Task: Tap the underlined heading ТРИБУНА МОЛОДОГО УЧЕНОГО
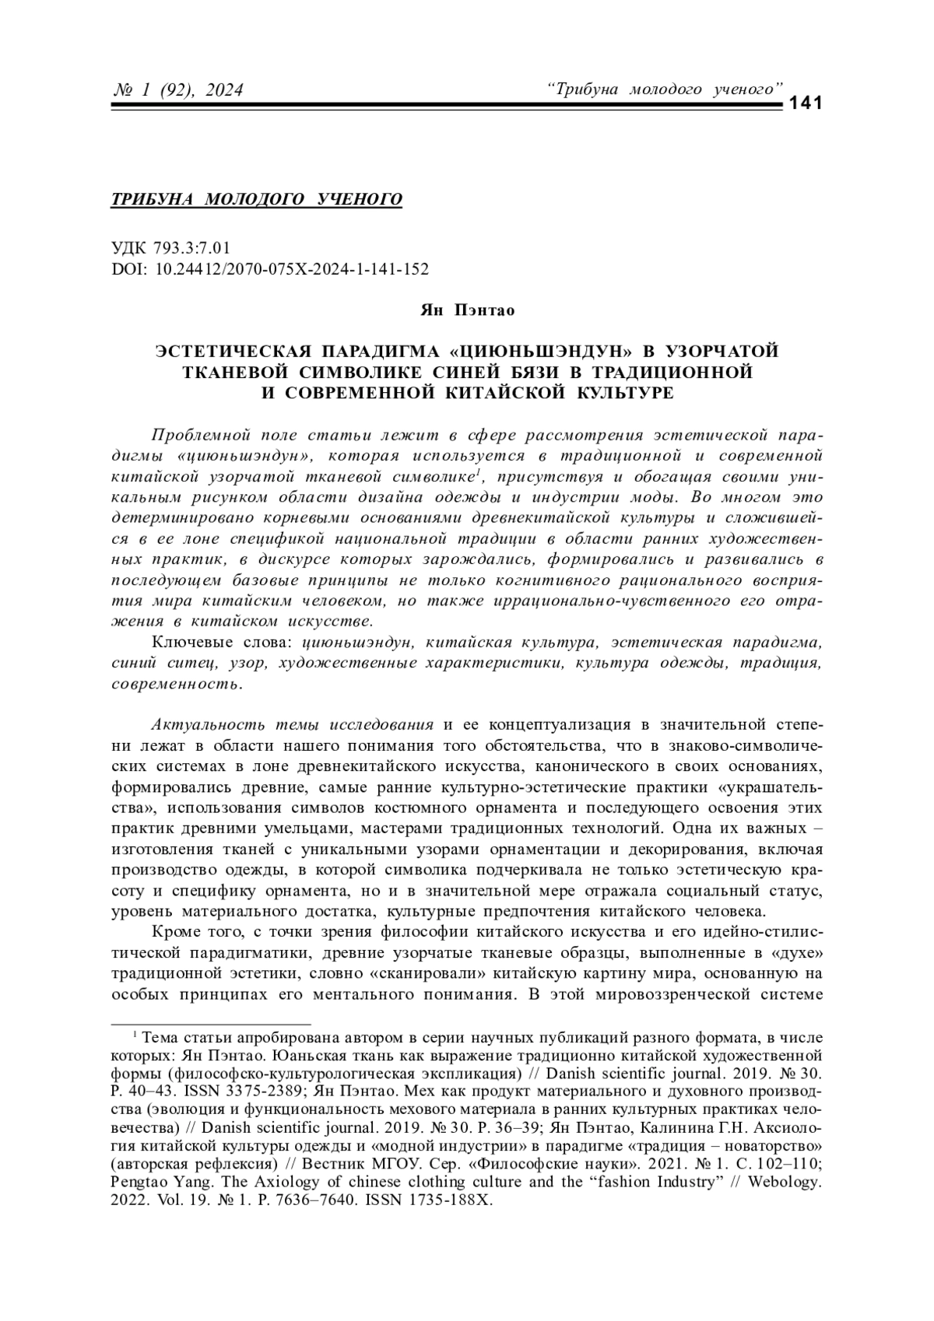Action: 258,199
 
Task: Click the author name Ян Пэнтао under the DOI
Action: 467,310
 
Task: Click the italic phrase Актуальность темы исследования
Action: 292,725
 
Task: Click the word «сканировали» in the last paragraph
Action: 428,972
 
